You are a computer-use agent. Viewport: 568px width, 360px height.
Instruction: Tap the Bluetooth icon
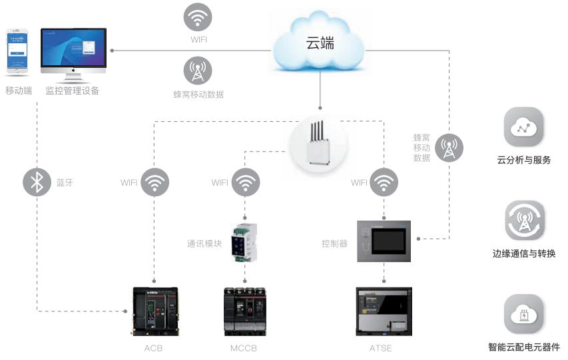tap(37, 182)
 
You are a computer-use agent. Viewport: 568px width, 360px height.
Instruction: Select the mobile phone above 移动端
tap(18, 52)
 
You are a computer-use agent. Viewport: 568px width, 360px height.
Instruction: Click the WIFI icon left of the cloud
tap(198, 18)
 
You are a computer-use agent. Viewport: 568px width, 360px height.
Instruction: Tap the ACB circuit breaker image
tap(154, 311)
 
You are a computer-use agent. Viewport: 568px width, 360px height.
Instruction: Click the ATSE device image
tap(384, 311)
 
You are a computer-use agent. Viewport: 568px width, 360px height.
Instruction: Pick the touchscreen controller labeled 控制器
tap(384, 240)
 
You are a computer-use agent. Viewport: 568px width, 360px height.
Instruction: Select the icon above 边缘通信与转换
tap(524, 221)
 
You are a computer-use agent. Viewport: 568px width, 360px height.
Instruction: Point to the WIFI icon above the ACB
tap(154, 182)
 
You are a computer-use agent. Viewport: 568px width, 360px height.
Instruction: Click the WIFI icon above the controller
tap(384, 182)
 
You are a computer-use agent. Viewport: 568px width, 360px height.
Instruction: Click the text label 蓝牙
tap(65, 182)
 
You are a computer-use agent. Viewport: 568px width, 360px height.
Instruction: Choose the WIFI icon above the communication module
tap(246, 182)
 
